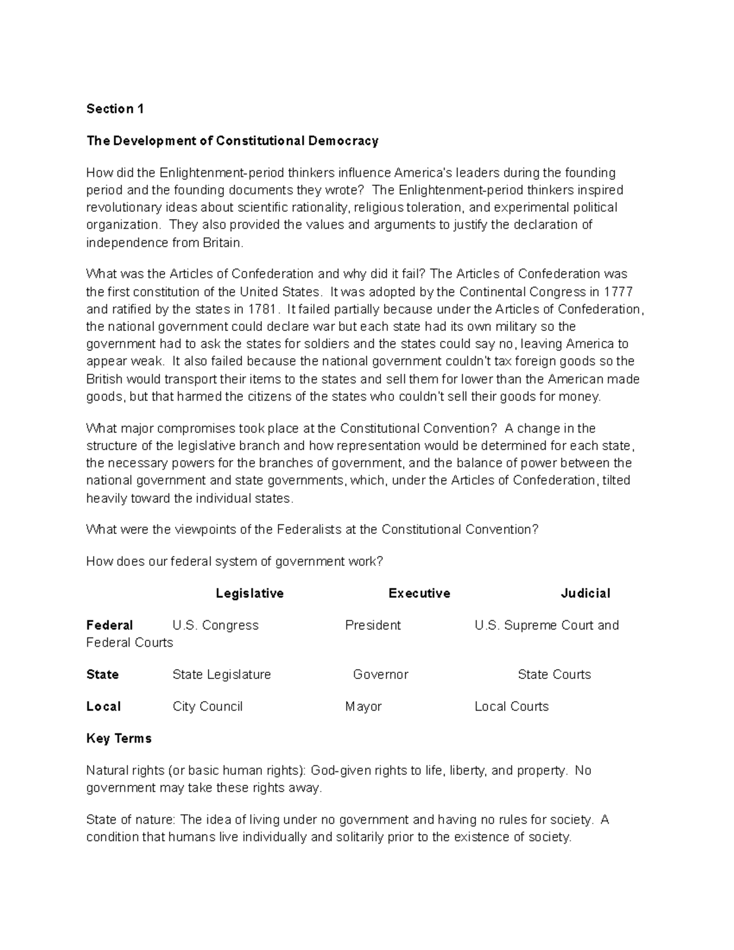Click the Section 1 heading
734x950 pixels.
click(115, 109)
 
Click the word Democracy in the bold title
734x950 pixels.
click(343, 141)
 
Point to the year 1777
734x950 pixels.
click(618, 291)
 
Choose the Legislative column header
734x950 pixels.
click(250, 593)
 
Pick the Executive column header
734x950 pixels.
click(419, 593)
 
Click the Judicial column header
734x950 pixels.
click(585, 593)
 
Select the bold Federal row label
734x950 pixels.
click(109, 625)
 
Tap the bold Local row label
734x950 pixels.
click(103, 707)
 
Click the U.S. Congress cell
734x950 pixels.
click(215, 625)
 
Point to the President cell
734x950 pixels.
click(373, 625)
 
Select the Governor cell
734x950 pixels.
click(380, 675)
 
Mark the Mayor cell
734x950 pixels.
click(363, 707)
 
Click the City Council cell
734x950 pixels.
click(207, 707)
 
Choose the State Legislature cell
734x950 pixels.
click(221, 675)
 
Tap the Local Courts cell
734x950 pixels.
click(511, 707)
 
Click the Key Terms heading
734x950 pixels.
click(119, 738)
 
